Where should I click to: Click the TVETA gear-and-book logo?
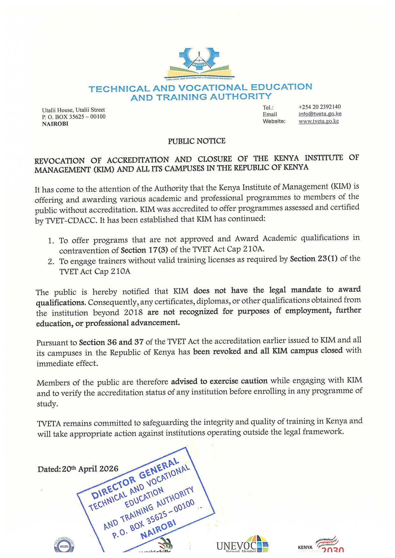(x=199, y=62)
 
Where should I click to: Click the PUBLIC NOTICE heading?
(x=197, y=141)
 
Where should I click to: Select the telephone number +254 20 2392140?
(x=320, y=107)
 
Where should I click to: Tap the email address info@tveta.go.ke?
(x=320, y=114)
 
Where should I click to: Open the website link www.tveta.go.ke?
(x=319, y=121)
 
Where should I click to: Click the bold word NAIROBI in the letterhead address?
(x=55, y=124)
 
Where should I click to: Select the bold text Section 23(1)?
(x=313, y=259)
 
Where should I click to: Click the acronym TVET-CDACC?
(x=71, y=221)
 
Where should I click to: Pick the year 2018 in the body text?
(x=133, y=312)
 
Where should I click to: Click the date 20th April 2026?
(x=90, y=469)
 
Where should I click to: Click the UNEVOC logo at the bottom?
(x=242, y=545)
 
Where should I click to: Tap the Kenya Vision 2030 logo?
(x=322, y=545)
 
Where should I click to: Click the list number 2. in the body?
(x=51, y=262)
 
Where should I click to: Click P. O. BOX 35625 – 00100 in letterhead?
(x=74, y=117)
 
